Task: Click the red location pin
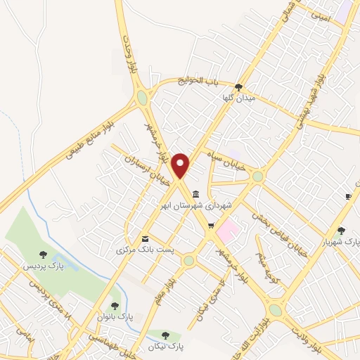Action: point(181,166)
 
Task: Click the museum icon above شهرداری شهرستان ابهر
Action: point(195,194)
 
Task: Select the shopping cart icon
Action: point(210,226)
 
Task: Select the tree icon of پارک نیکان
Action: point(166,335)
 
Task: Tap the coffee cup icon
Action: point(347,196)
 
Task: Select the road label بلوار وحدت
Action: point(129,56)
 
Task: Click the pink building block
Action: point(227,229)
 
